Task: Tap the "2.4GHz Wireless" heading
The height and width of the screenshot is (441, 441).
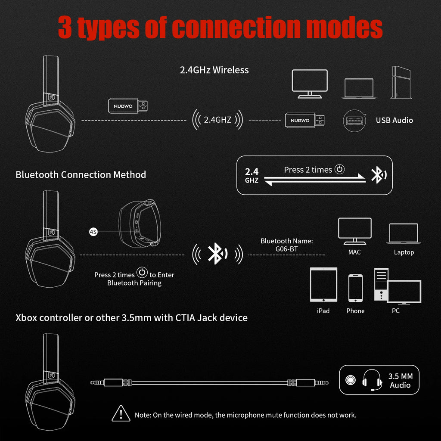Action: click(214, 70)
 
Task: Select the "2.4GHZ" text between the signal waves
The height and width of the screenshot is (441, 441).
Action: click(217, 120)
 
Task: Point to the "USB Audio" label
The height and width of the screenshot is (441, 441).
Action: click(394, 120)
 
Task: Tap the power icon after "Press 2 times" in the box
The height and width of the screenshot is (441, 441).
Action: click(340, 169)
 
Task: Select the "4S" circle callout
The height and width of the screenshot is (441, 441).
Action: click(93, 232)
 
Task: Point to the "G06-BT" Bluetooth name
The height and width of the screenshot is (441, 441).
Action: click(286, 249)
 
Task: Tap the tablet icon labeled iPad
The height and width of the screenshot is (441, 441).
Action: click(323, 285)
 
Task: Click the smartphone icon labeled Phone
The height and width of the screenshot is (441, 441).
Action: click(355, 288)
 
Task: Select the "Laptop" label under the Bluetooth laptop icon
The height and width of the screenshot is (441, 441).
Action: click(404, 252)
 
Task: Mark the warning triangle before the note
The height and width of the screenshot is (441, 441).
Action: click(121, 414)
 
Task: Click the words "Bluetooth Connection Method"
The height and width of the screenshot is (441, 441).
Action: click(81, 174)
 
